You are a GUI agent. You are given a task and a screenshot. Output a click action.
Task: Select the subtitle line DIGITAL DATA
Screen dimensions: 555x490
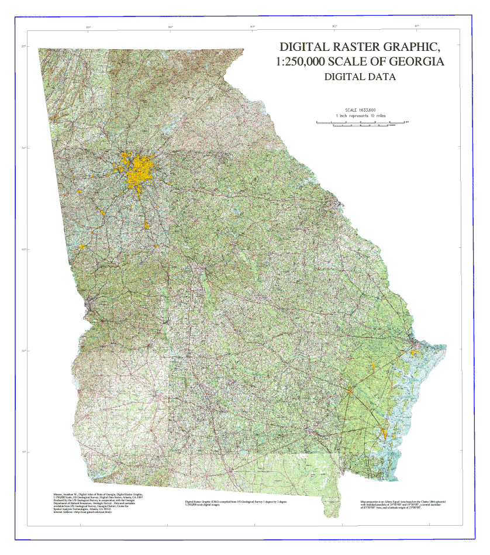[360, 77]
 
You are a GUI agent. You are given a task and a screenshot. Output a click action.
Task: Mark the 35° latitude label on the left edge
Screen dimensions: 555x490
[24, 47]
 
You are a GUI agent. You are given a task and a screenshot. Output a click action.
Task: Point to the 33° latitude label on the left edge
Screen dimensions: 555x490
[24, 249]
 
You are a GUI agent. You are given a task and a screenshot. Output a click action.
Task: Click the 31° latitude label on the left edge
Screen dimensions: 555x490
[24, 452]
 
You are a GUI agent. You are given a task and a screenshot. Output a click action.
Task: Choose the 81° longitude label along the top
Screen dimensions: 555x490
[416, 27]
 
